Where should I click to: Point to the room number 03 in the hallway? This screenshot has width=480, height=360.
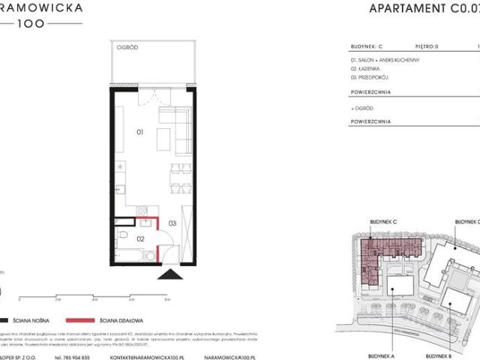coord(172,223)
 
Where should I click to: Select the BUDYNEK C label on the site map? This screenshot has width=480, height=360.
coord(382,222)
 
